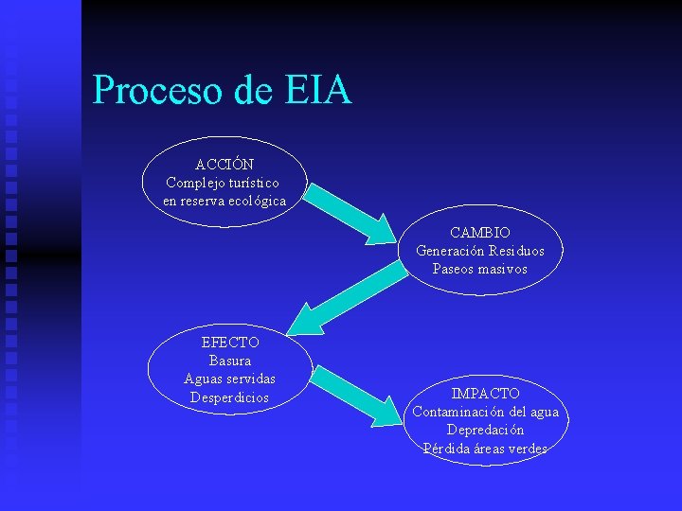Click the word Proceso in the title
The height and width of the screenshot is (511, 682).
click(x=158, y=90)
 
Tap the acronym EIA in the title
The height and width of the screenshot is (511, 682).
click(x=316, y=90)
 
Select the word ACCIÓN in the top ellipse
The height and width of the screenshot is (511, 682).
click(x=224, y=165)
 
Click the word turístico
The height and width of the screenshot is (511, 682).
click(x=250, y=183)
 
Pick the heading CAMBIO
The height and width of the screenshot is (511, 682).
click(x=480, y=232)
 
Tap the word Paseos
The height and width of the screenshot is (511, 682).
click(x=453, y=269)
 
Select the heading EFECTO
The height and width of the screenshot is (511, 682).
click(x=230, y=343)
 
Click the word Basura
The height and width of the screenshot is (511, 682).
click(x=230, y=361)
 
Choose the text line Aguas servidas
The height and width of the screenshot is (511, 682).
click(x=230, y=379)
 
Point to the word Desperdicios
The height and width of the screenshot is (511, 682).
click(x=230, y=397)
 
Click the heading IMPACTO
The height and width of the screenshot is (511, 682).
click(x=485, y=393)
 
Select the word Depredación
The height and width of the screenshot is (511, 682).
click(x=485, y=430)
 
